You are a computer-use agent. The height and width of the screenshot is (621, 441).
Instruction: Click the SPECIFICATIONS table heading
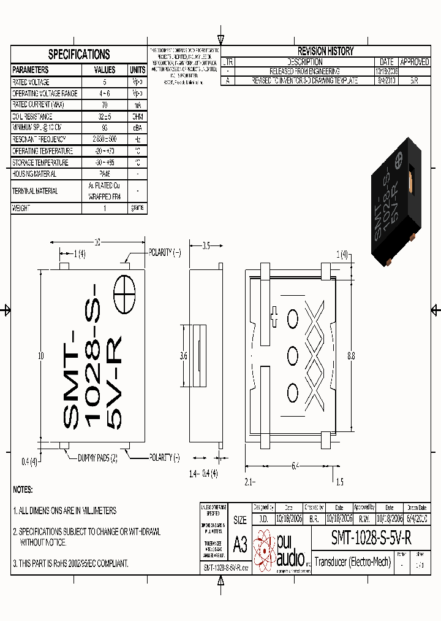(x=79, y=55)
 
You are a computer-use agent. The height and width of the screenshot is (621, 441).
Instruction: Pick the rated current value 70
(x=105, y=105)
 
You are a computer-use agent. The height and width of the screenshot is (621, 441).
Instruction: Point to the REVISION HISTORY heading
(x=325, y=52)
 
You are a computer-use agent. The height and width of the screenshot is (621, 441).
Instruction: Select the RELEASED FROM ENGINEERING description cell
(x=305, y=71)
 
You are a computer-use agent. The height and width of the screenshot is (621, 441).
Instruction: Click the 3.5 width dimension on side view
(x=206, y=246)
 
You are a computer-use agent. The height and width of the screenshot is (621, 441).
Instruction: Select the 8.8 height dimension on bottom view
(x=350, y=355)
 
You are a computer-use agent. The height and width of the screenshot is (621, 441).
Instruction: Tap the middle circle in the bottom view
(x=292, y=355)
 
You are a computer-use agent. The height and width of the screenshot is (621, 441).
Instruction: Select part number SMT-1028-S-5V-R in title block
(x=371, y=538)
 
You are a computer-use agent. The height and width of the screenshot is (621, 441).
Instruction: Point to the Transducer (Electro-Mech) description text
(x=352, y=561)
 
